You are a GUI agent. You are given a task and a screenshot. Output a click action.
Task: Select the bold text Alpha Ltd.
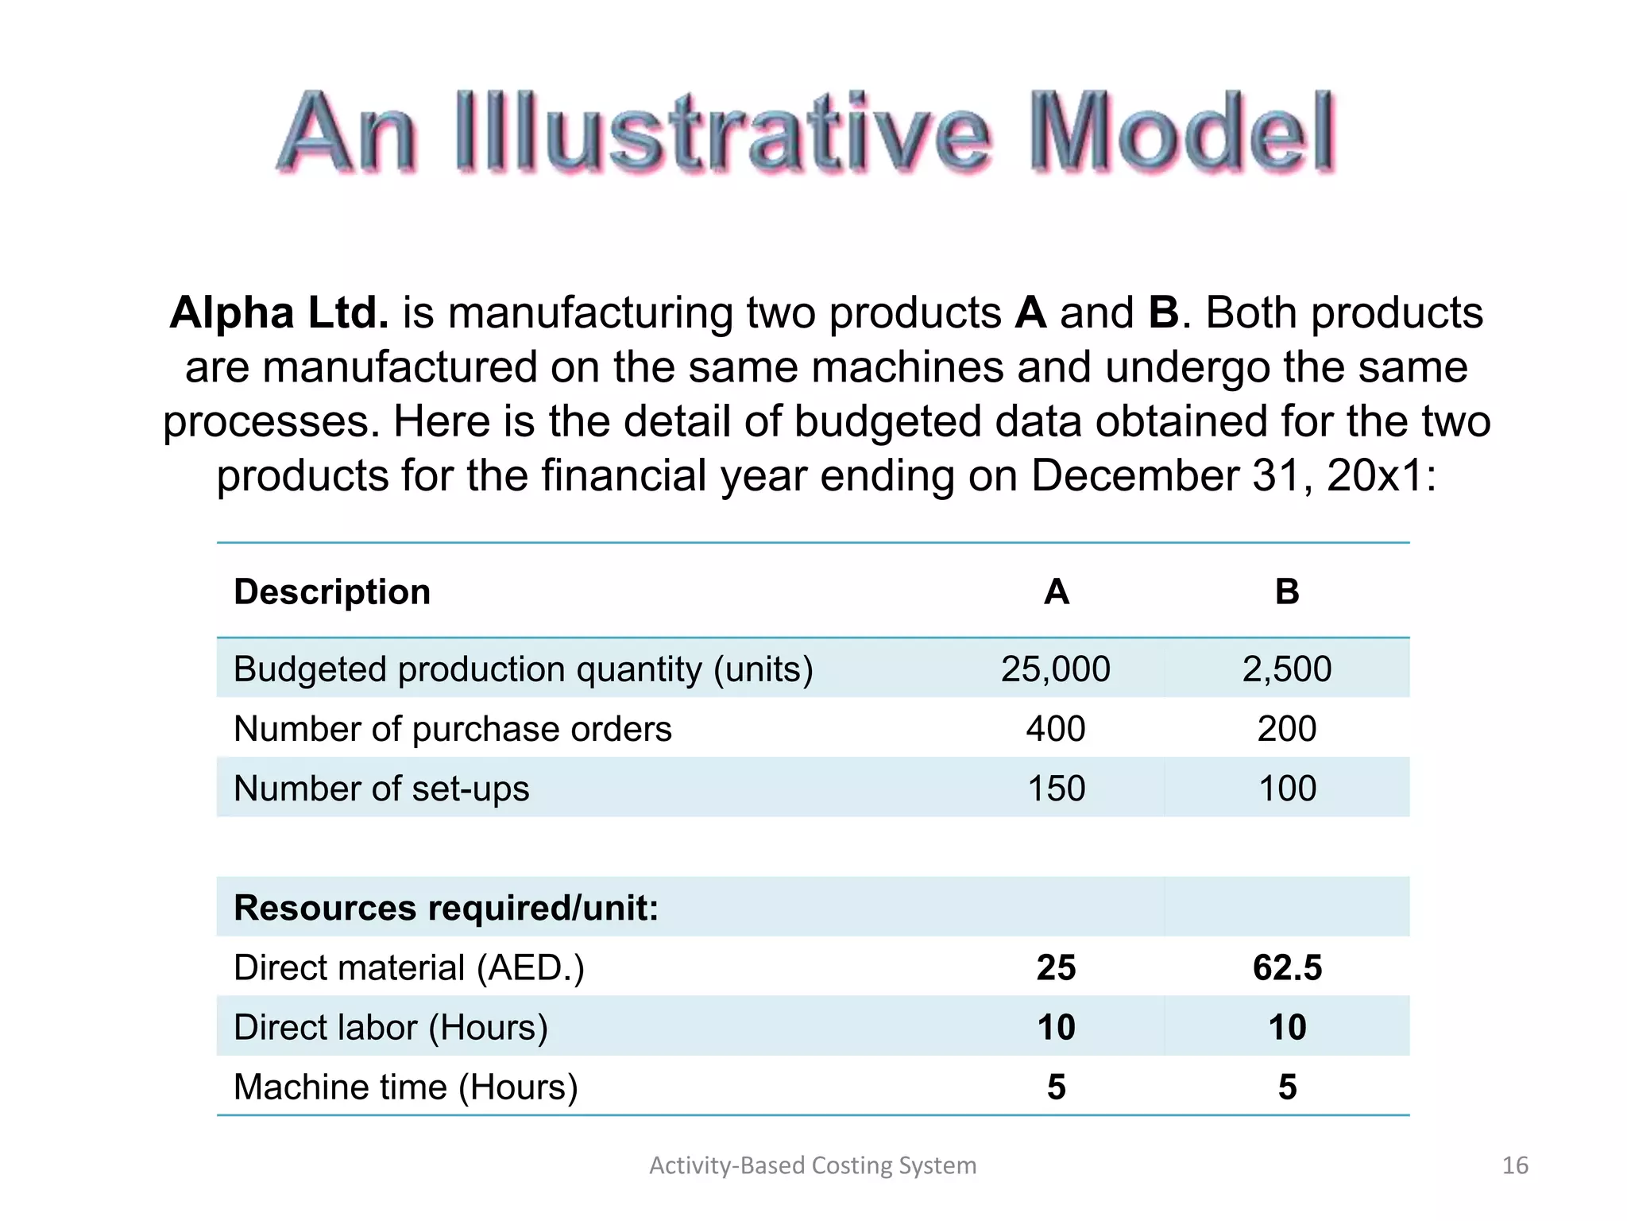[x=279, y=312]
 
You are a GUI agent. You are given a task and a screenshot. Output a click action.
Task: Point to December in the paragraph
[x=1134, y=475]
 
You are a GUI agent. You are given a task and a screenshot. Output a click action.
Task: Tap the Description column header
[x=332, y=592]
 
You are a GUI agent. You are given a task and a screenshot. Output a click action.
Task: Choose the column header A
[x=1056, y=592]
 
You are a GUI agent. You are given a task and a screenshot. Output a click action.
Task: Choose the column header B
[x=1287, y=592]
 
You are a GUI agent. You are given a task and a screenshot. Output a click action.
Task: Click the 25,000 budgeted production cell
[x=1055, y=669]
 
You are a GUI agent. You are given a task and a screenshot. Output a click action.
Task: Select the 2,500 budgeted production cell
[x=1287, y=669]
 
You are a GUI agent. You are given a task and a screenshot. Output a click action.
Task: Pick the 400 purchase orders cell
[x=1055, y=729]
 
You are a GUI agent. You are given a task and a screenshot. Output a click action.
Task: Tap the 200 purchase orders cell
[x=1287, y=729]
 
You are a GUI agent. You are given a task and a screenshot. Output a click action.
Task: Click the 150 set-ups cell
[x=1056, y=789]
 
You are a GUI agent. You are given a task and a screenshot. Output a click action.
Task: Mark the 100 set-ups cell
[x=1287, y=789]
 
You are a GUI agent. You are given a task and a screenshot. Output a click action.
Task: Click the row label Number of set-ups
[x=381, y=789]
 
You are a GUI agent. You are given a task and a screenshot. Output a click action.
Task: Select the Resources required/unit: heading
[x=446, y=908]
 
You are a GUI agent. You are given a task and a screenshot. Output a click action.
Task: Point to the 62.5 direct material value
[x=1287, y=967]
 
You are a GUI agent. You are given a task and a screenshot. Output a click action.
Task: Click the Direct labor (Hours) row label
[x=391, y=1027]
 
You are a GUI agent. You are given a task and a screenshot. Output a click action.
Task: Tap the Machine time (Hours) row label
[x=405, y=1087]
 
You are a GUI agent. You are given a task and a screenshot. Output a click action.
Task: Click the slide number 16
[x=1515, y=1165]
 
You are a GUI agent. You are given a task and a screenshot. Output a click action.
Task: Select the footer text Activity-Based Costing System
[x=813, y=1165]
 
